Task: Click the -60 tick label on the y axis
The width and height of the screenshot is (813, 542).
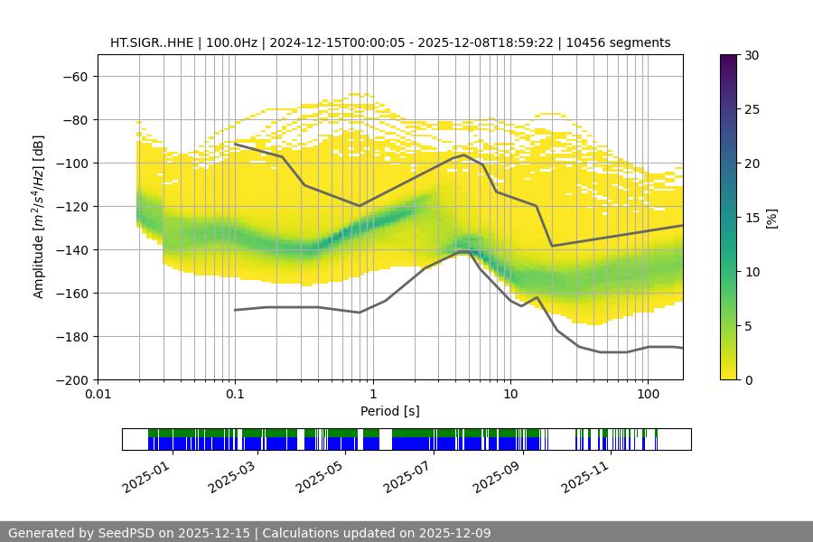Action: (x=74, y=76)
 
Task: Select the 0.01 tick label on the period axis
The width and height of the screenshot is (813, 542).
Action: (x=98, y=395)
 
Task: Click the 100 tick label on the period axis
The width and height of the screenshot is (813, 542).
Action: (x=648, y=395)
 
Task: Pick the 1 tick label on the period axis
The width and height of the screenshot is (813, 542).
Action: (x=373, y=395)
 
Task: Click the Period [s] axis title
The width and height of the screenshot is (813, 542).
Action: (x=389, y=411)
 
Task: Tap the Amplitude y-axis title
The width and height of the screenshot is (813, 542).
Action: (x=39, y=217)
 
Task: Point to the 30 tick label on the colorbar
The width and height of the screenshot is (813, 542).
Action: (x=750, y=55)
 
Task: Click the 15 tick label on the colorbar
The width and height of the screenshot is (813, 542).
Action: (x=750, y=218)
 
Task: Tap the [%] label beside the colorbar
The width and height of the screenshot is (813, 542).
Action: (x=771, y=218)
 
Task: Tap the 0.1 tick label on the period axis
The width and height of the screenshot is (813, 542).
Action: (x=235, y=395)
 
